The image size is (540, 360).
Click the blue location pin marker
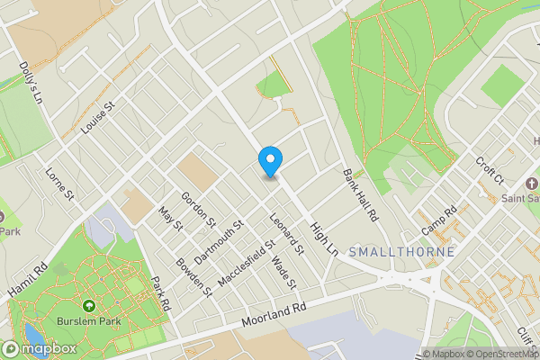(270, 161)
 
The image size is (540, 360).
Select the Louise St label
(100, 118)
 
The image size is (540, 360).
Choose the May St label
(170, 220)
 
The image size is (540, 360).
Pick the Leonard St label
(285, 230)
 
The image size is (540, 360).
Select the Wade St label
(283, 273)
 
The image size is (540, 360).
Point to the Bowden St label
(193, 279)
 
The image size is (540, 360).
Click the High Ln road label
(323, 236)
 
